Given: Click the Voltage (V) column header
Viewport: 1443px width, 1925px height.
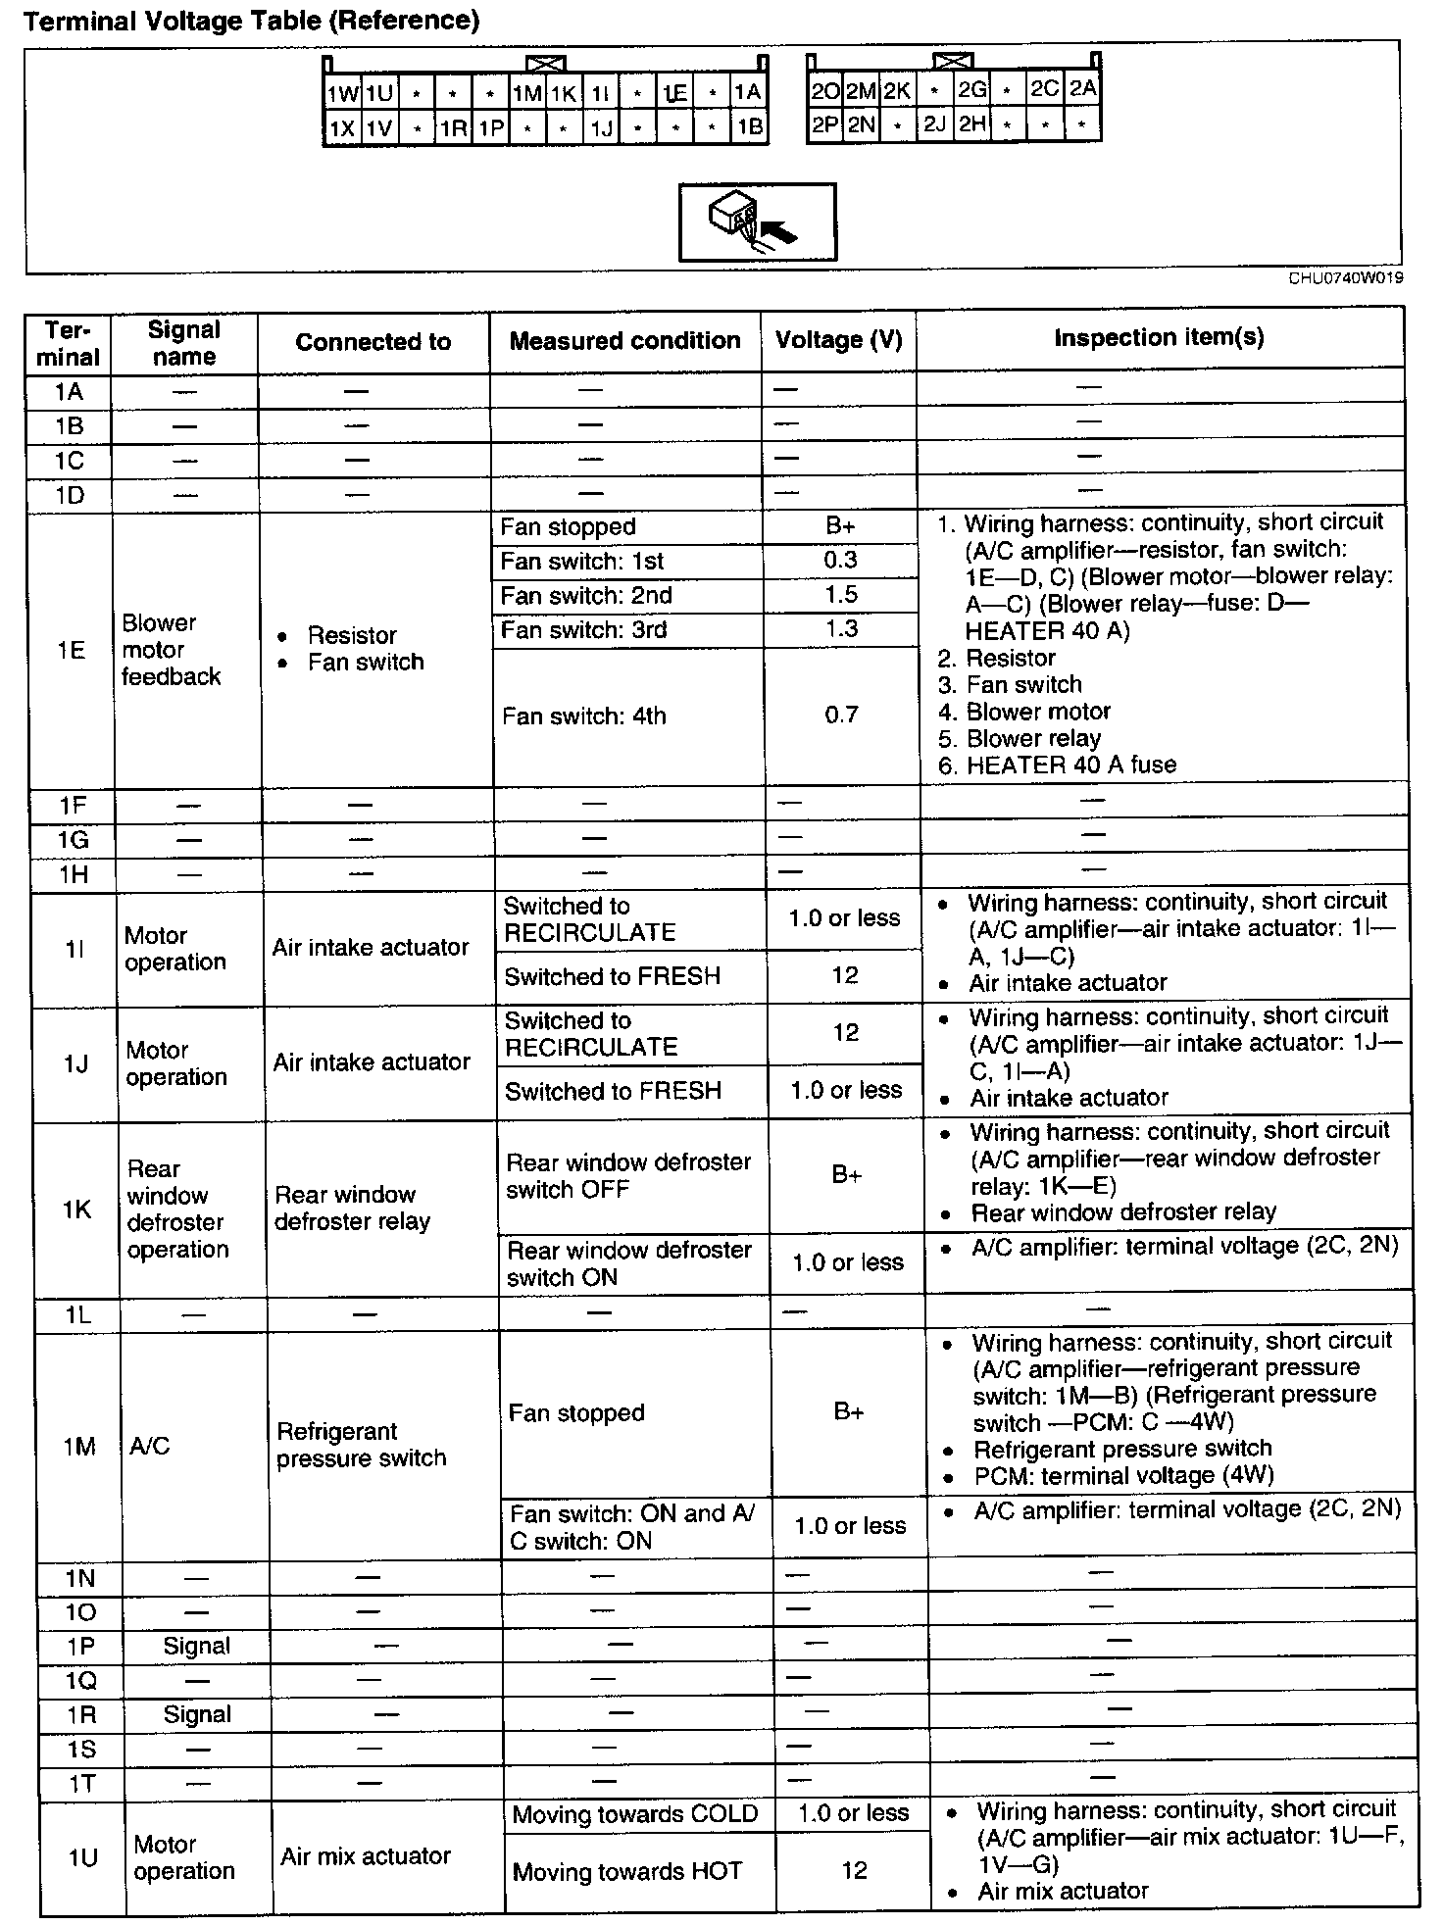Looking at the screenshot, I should pyautogui.click(x=838, y=340).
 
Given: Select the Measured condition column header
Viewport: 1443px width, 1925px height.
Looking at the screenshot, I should pyautogui.click(x=624, y=341).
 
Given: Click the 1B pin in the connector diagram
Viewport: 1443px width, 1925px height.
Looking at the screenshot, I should pyautogui.click(x=749, y=127).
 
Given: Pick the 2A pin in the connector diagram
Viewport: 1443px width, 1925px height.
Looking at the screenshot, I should pyautogui.click(x=1082, y=89).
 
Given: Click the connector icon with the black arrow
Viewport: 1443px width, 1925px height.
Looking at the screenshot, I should pyautogui.click(x=757, y=222).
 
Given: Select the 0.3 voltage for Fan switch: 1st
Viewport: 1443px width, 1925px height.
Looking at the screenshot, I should pyautogui.click(x=840, y=560).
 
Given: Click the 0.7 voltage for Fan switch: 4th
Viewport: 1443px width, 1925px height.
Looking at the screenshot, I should pyautogui.click(x=841, y=715).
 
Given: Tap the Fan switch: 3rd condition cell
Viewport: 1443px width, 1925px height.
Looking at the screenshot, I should pyautogui.click(x=583, y=629).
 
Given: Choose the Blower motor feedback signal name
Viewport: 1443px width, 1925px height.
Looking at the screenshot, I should pyautogui.click(x=172, y=650).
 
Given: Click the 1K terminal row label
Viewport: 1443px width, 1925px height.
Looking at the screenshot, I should pyautogui.click(x=76, y=1209).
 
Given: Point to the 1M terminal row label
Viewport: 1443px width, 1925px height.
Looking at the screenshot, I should pyautogui.click(x=78, y=1446).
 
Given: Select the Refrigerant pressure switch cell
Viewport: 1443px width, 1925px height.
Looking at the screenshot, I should pyautogui.click(x=361, y=1445).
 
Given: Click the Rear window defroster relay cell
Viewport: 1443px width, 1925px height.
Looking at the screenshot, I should pyautogui.click(x=352, y=1208).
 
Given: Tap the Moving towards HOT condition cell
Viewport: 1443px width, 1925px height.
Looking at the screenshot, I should pyautogui.click(x=627, y=1872).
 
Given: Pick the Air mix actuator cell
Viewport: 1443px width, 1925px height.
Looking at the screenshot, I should pyautogui.click(x=365, y=1855).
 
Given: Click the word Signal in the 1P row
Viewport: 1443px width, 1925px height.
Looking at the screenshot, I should pyautogui.click(x=196, y=1646).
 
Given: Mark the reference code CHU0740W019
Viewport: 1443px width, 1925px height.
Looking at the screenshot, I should pyautogui.click(x=1345, y=278).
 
